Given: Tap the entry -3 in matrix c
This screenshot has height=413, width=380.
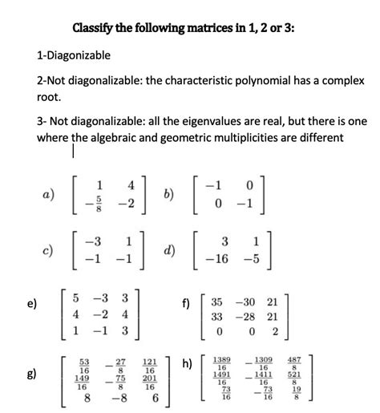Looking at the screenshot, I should coord(96,241).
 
